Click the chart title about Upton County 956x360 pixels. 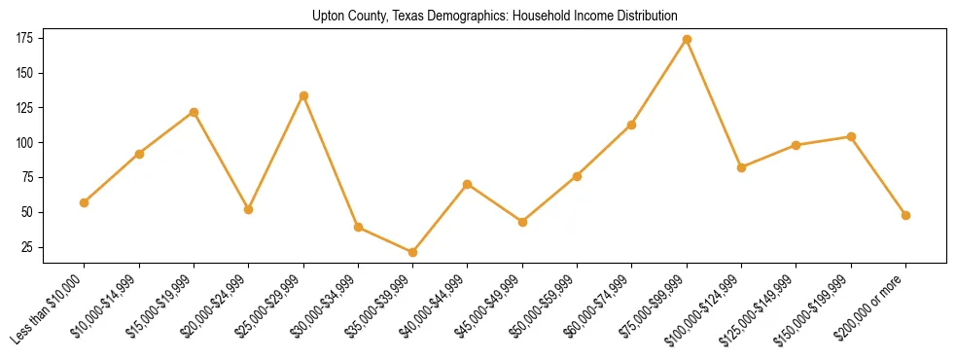click(495, 17)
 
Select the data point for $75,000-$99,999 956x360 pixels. click(687, 39)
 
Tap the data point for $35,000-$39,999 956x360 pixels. click(412, 252)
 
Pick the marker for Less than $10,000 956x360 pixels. click(84, 202)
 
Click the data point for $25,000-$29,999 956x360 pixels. click(303, 95)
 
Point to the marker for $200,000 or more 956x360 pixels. click(905, 215)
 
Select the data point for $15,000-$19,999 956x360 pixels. click(194, 112)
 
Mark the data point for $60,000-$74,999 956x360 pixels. click(632, 125)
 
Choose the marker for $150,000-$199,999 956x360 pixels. click(851, 136)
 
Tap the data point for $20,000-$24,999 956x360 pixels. click(248, 209)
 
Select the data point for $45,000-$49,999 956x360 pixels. click(522, 222)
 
